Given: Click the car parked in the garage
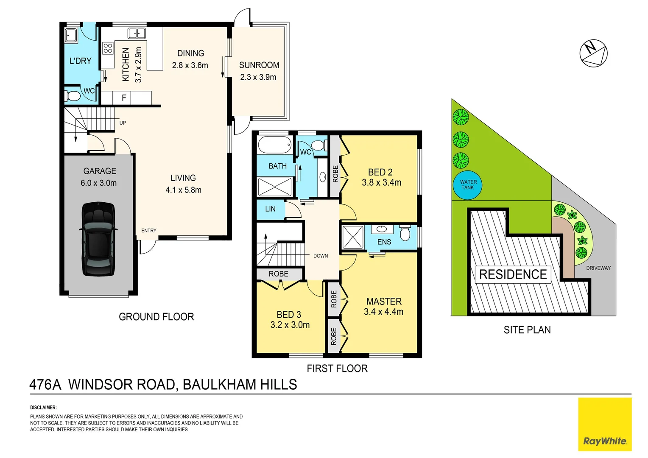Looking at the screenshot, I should pos(98,239).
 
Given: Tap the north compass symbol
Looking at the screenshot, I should pos(593,53).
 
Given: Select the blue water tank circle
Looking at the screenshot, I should pos(468,185).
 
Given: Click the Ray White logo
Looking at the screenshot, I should pos(604,424).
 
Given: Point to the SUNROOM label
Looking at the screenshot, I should pos(259,65).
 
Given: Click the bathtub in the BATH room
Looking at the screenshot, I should pos(274,145).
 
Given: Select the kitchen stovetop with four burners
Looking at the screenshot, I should pos(108,48).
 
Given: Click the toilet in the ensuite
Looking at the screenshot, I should pos(405,233).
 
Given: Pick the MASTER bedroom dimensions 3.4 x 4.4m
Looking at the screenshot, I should pos(383,312).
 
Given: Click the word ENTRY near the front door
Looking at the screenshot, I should pos(149,231).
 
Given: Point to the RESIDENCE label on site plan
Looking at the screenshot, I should pos(513,274).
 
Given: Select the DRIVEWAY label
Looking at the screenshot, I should pos(598,268).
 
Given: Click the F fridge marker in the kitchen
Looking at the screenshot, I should pos(124,98).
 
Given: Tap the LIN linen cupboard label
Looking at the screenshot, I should pos(270,209).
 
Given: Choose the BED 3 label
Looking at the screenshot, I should pos(289,315).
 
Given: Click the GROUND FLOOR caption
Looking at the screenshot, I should pos(156,317).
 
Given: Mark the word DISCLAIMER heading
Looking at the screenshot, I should pos(43,408).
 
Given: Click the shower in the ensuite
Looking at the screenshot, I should pos(353,237).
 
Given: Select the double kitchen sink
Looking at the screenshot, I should pos(137,33).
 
